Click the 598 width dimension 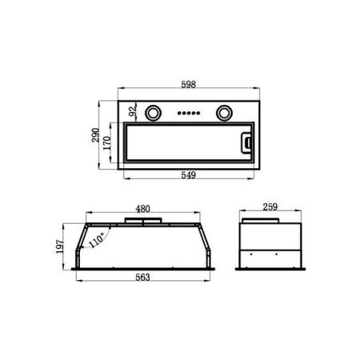(x=189, y=85)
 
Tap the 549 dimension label (x=189, y=175)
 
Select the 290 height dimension (x=95, y=135)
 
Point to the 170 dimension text (x=106, y=143)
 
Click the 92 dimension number (x=133, y=110)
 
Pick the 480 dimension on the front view (x=142, y=209)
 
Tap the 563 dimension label (x=142, y=278)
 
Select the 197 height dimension (x=60, y=247)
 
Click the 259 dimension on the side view (x=270, y=207)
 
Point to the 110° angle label (x=97, y=240)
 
